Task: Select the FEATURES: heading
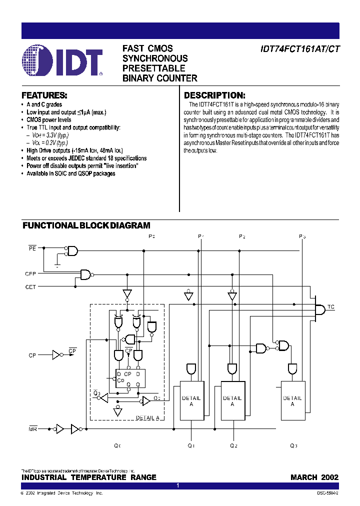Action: tap(44, 95)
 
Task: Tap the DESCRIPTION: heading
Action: tap(214, 95)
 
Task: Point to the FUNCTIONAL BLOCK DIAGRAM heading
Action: tap(86, 226)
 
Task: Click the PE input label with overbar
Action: tap(32, 247)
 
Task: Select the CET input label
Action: tap(30, 287)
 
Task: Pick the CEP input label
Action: tap(30, 273)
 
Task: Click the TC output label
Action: tap(331, 306)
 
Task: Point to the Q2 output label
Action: tap(234, 445)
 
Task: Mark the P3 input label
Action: tap(302, 236)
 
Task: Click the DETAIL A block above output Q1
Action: tap(191, 401)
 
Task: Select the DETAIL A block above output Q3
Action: tap(292, 401)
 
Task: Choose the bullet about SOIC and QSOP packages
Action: tap(70, 173)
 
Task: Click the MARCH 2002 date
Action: tap(314, 477)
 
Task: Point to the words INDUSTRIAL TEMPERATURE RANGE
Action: tap(89, 477)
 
